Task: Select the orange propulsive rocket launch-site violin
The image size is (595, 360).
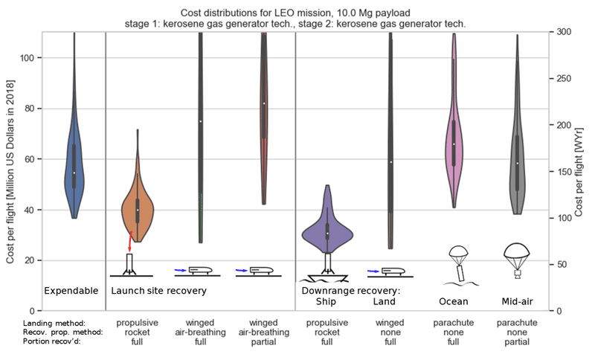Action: (x=137, y=208)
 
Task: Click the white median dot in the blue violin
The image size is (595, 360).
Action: (x=74, y=173)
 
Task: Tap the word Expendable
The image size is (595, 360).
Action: (x=71, y=290)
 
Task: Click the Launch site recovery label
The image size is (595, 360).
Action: (x=158, y=290)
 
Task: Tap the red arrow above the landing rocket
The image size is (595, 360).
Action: (x=130, y=241)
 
